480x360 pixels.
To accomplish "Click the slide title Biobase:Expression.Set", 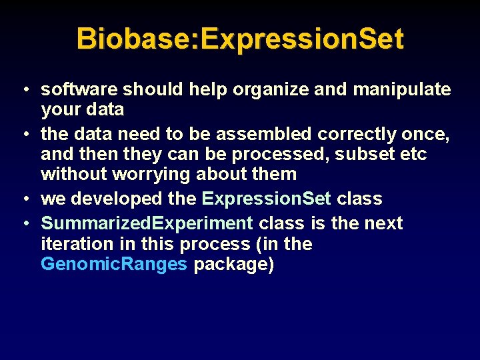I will (x=240, y=39).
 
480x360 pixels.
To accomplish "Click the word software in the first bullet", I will (x=79, y=90).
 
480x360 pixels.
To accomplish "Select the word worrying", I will (x=155, y=175).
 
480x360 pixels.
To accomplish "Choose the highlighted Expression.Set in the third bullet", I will (x=266, y=199).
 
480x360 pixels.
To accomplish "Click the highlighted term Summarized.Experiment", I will (x=147, y=223).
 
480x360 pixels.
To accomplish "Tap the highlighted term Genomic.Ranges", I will (x=114, y=264).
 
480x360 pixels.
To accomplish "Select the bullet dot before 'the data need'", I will (x=23, y=134).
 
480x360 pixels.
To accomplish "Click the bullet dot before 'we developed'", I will (x=23, y=199).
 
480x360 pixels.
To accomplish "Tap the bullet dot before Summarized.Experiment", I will (x=23, y=223).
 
